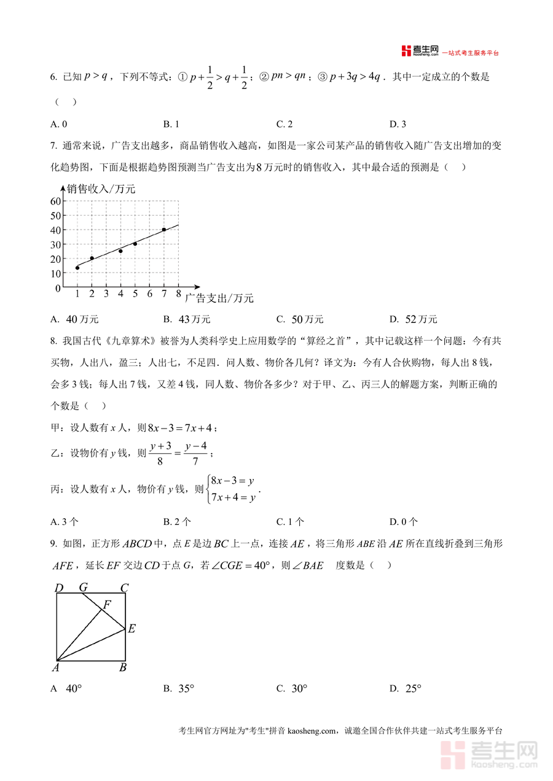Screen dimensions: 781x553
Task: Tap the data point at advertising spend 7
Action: pyautogui.click(x=164, y=230)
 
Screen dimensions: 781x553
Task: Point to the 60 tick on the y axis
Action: pyautogui.click(x=56, y=201)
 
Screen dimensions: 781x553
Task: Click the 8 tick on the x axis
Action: pyautogui.click(x=179, y=294)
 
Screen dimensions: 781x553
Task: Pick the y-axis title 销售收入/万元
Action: pyautogui.click(x=101, y=189)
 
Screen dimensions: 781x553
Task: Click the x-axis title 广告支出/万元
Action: pyautogui.click(x=219, y=298)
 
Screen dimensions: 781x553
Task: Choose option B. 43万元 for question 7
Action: pyautogui.click(x=187, y=319)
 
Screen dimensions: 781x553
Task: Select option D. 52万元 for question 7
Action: pyautogui.click(x=413, y=319)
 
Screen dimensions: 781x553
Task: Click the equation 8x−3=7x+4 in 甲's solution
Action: pyautogui.click(x=182, y=427)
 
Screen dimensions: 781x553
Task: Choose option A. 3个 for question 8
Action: pyautogui.click(x=65, y=522)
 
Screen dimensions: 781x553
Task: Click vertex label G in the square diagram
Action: pyautogui.click(x=83, y=588)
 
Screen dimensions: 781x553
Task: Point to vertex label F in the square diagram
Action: pyautogui.click(x=107, y=604)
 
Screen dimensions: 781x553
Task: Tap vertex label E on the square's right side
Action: pyautogui.click(x=131, y=628)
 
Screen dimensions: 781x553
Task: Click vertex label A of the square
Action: pyautogui.click(x=55, y=667)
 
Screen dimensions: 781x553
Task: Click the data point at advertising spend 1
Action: pyautogui.click(x=77, y=268)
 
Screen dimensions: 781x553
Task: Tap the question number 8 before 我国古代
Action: pyautogui.click(x=53, y=340)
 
